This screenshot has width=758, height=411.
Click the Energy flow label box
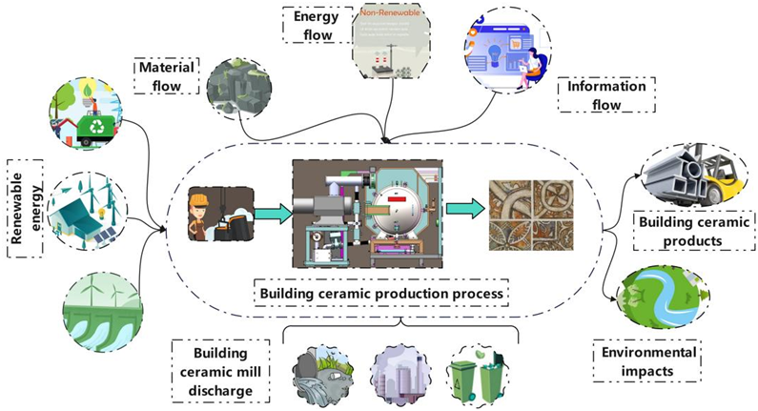tap(313, 24)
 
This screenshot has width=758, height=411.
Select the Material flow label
tap(169, 75)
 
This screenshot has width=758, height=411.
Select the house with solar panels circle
tap(86, 213)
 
